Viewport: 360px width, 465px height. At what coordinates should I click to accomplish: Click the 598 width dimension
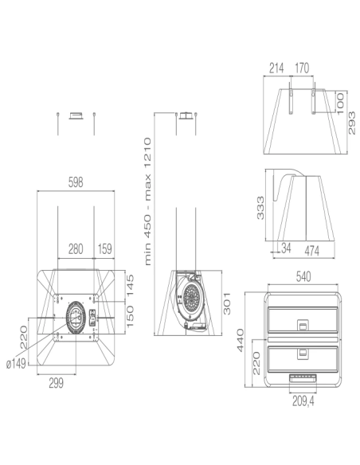[x=76, y=182]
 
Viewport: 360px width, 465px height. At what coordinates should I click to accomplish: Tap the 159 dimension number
[x=104, y=249]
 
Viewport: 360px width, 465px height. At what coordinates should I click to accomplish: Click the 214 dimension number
[x=276, y=68]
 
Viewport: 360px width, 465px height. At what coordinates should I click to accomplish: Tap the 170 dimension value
[x=303, y=68]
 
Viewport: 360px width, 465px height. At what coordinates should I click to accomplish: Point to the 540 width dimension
[x=303, y=277]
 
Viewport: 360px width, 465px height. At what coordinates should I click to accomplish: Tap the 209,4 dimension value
[x=303, y=401]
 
